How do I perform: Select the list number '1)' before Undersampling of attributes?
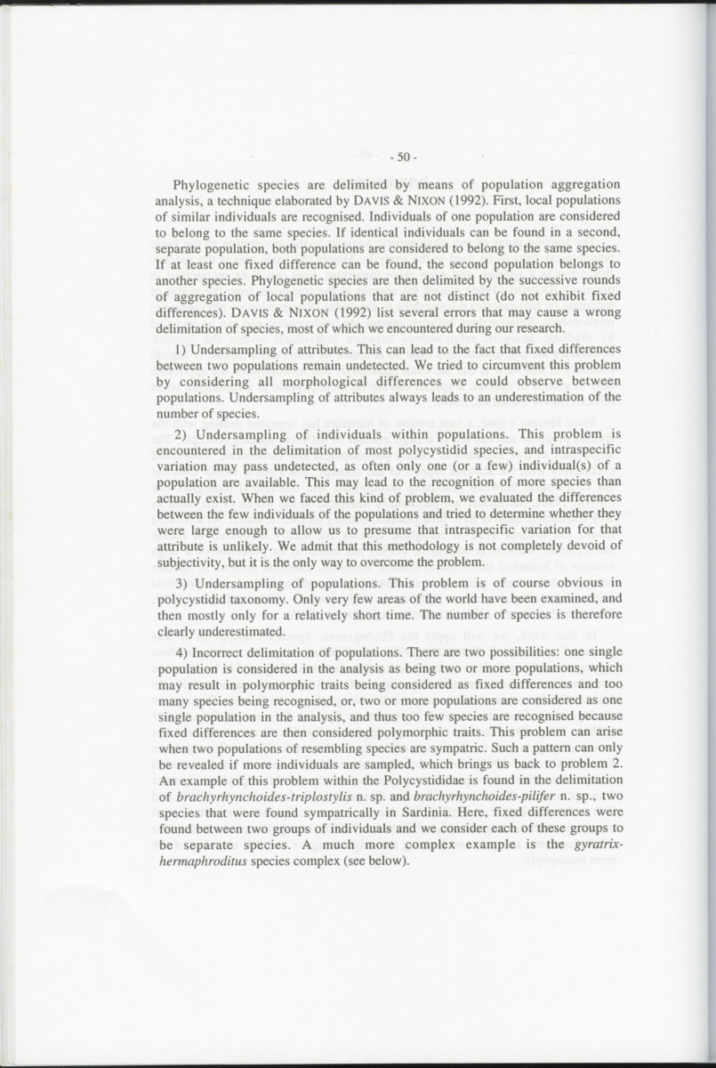point(181,349)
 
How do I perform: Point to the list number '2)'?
point(181,434)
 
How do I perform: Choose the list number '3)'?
point(181,583)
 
